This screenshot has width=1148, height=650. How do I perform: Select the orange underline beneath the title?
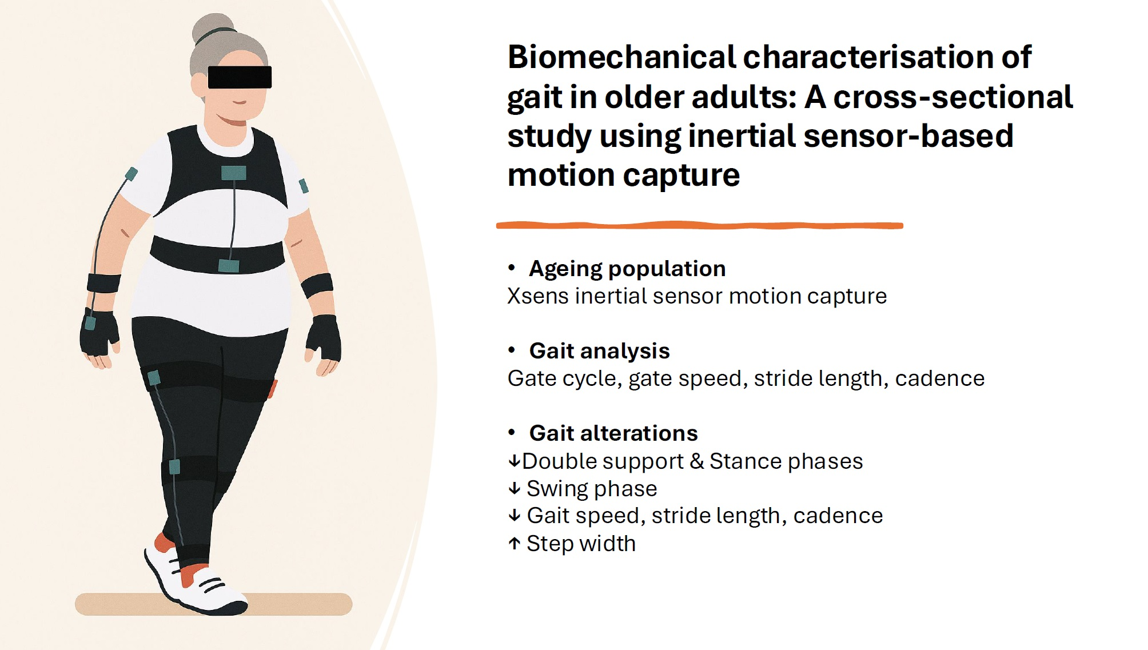[699, 225]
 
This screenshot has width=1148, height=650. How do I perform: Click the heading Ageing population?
[627, 269]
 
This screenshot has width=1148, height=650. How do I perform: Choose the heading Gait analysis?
[599, 351]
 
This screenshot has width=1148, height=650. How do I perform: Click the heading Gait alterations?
[613, 433]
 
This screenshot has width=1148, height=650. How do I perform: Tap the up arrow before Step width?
[514, 544]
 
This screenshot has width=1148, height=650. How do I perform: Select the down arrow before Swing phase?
[514, 488]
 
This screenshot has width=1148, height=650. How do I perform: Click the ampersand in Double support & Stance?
[696, 461]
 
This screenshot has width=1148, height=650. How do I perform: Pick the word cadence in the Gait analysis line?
[939, 378]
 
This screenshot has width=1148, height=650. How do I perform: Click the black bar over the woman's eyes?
[240, 77]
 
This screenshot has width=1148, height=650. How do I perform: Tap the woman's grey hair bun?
[212, 28]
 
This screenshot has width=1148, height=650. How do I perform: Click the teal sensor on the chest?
[233, 173]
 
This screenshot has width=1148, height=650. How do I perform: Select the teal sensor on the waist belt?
[229, 265]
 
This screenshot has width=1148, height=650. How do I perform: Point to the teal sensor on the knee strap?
[174, 466]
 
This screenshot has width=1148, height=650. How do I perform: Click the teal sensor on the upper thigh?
[154, 378]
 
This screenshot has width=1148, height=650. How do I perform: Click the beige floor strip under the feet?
[213, 604]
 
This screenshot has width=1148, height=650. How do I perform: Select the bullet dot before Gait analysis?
[512, 350]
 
